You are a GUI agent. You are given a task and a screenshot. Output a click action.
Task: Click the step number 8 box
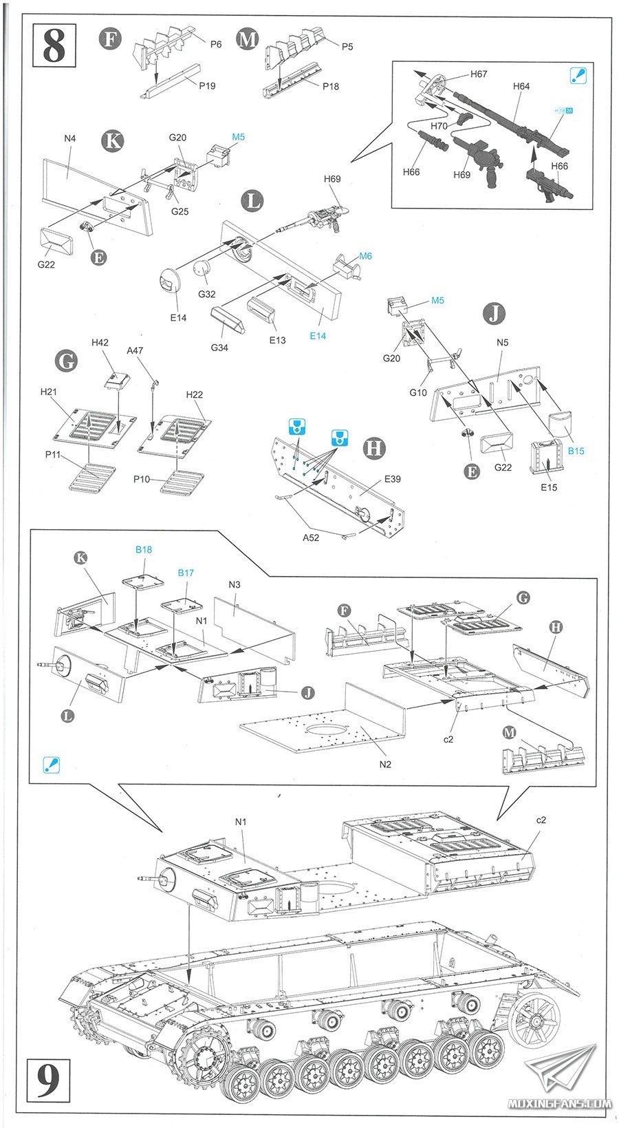54,45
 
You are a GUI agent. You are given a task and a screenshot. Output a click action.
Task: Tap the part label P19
207,85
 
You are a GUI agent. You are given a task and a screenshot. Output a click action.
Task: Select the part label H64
521,86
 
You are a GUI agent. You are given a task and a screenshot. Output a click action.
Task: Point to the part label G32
207,294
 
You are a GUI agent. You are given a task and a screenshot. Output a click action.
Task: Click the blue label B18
144,549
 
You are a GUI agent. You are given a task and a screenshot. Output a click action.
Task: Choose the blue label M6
365,256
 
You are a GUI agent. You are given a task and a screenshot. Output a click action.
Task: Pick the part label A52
310,538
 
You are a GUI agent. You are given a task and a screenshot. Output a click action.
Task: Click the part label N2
385,765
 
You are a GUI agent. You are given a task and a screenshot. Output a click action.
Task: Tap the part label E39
392,479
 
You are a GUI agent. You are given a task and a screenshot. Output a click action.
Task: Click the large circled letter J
495,315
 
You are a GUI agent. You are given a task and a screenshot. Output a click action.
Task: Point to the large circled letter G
65,361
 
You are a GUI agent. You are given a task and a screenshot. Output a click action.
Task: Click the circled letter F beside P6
110,39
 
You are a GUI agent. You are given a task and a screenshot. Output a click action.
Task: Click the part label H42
100,343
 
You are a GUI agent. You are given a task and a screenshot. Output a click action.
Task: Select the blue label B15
576,451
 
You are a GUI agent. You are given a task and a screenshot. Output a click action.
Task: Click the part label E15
549,487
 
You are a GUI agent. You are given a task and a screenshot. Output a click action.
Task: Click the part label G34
219,348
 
